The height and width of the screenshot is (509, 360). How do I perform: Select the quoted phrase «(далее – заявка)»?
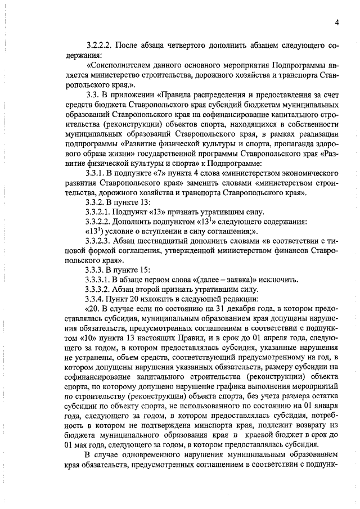(214, 278)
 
